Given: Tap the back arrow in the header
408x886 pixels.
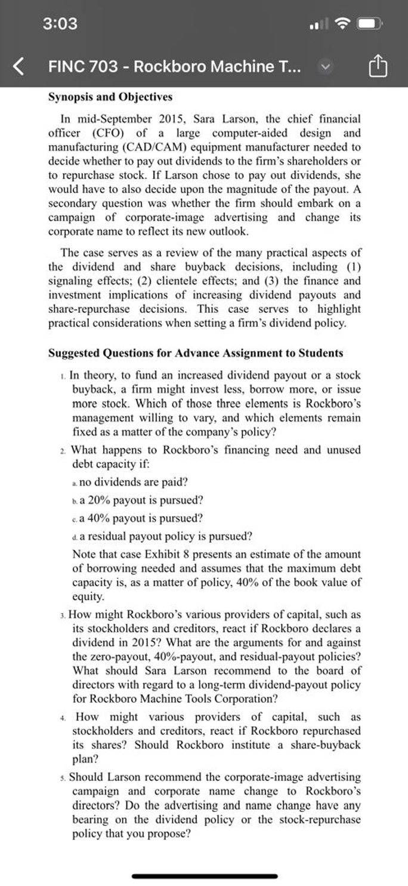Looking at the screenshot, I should [19, 66].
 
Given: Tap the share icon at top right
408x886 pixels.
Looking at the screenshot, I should [378, 66].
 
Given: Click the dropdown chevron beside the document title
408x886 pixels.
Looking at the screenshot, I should [325, 66].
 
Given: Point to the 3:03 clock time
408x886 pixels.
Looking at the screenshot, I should [60, 24].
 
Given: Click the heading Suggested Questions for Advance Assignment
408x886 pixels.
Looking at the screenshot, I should [195, 353].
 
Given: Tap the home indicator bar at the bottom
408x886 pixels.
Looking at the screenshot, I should [204, 876].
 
